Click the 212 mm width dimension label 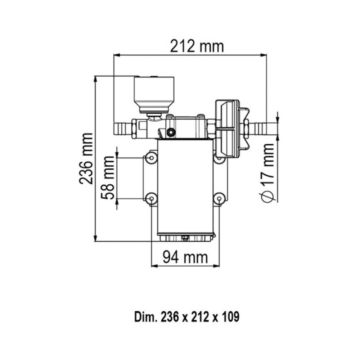[x=197, y=46]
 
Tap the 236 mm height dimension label [x=86, y=159]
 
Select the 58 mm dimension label [x=108, y=178]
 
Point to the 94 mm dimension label [x=185, y=257]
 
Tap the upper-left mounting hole [x=151, y=157]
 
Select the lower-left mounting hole [x=151, y=198]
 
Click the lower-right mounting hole [x=219, y=198]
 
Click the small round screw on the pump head [x=171, y=132]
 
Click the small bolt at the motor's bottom [x=185, y=238]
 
